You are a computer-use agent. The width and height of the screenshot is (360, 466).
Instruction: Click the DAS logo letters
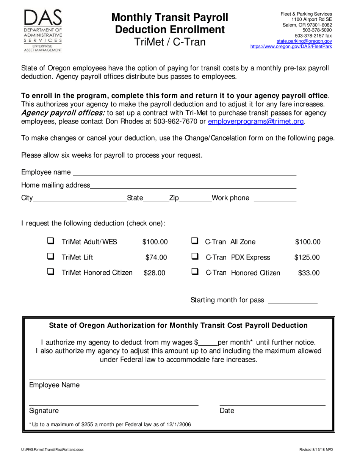click(43, 19)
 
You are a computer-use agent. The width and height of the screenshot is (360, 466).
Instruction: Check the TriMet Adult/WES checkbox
click(51, 241)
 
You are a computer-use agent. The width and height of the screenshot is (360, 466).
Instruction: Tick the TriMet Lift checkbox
click(51, 256)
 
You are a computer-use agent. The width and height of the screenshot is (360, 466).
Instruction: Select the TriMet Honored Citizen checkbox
click(51, 272)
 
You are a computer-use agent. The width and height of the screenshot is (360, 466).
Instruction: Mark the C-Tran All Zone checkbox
click(195, 241)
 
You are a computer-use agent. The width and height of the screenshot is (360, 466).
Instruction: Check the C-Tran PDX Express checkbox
click(195, 256)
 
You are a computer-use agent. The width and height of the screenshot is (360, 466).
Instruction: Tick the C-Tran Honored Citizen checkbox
click(195, 272)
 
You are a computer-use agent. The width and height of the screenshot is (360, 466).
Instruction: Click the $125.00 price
click(307, 258)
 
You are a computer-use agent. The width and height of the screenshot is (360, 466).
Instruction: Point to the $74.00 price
click(156, 258)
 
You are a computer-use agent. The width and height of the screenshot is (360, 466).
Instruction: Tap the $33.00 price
click(309, 273)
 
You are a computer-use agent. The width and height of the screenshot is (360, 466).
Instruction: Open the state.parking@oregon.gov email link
click(304, 41)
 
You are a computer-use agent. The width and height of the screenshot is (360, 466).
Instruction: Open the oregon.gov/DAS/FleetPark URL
click(291, 47)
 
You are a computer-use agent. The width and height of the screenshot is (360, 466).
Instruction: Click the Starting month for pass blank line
click(293, 302)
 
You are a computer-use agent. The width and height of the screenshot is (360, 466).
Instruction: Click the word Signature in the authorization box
click(44, 411)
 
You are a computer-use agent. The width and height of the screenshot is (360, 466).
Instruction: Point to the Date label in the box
click(227, 411)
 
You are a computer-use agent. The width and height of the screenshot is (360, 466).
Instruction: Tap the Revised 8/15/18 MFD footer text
click(316, 450)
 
